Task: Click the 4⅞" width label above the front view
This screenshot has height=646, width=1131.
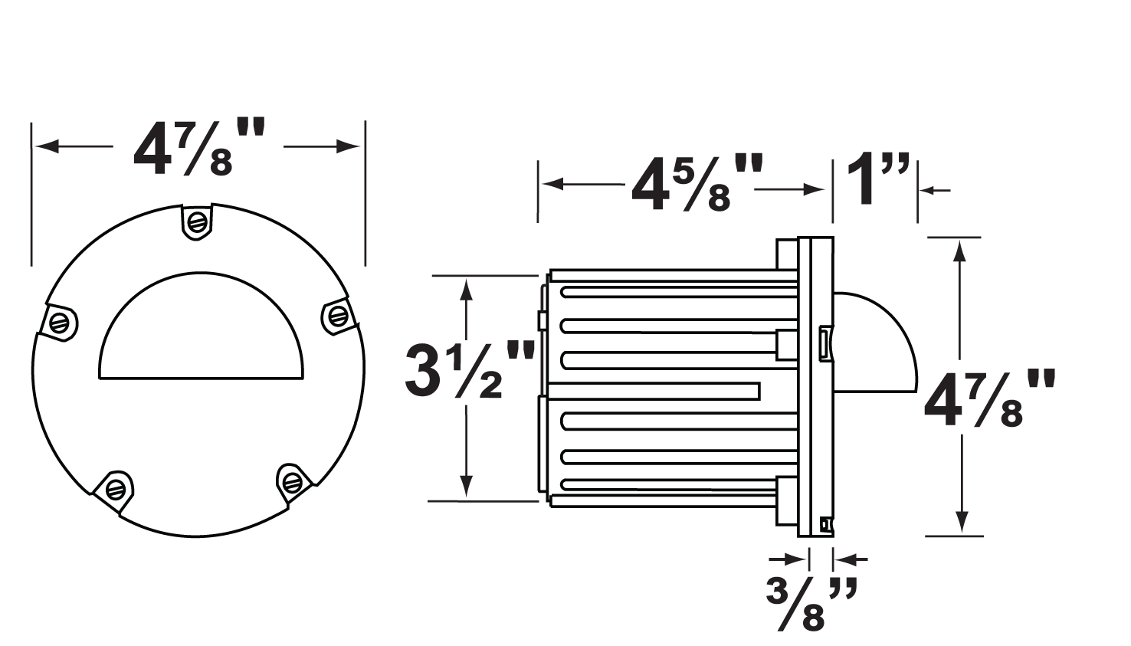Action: point(198,148)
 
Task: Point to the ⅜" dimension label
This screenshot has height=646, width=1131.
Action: point(810,603)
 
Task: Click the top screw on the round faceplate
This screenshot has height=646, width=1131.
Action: point(197,222)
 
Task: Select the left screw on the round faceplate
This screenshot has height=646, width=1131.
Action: point(60,322)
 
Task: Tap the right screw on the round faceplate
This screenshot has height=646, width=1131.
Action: point(336,315)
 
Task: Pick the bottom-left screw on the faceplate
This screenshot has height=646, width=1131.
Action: point(115,487)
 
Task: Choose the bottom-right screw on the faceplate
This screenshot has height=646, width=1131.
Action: point(292,481)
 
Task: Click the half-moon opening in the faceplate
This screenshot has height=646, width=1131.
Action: point(202,333)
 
